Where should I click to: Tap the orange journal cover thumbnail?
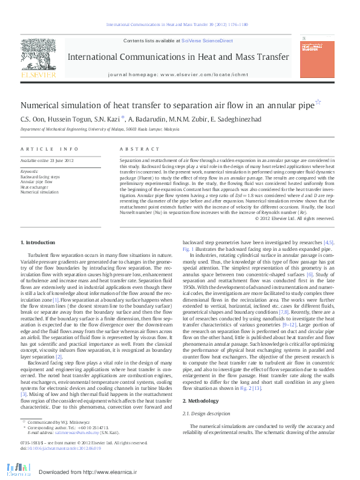(x=317, y=56)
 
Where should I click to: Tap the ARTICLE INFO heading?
(x=49, y=149)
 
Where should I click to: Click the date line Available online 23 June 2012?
(x=47, y=161)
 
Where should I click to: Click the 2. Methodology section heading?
(x=202, y=400)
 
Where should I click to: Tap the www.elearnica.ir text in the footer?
(x=112, y=472)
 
